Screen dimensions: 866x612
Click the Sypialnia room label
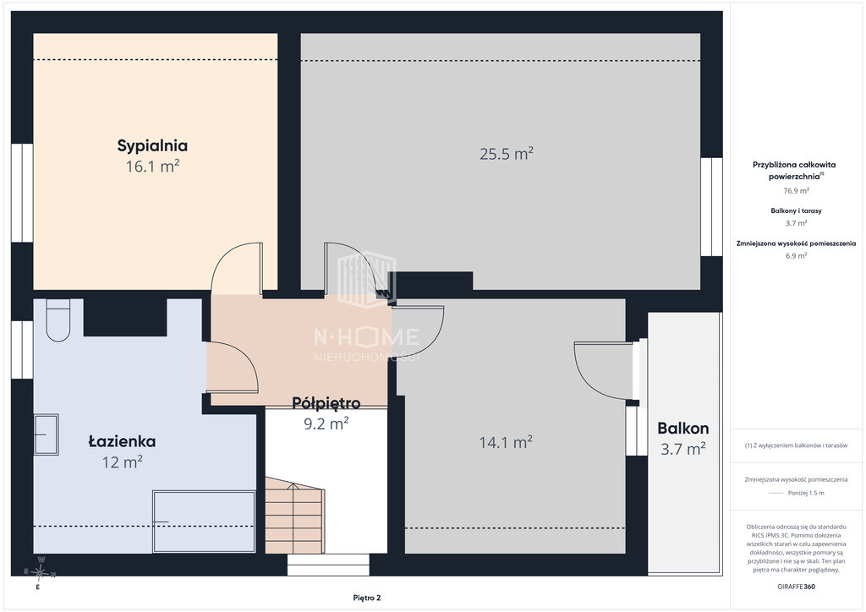(152, 145)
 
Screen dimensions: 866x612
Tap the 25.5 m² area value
(507, 153)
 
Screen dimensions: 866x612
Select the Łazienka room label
(122, 441)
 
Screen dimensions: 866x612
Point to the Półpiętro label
(326, 403)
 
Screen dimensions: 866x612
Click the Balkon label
(683, 429)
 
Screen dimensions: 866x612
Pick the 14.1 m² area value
(506, 442)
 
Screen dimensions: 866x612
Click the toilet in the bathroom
(58, 320)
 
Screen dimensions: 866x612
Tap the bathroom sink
(47, 434)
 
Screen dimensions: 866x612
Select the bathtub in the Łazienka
(204, 522)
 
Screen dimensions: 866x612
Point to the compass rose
(39, 573)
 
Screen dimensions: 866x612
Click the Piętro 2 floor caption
(367, 598)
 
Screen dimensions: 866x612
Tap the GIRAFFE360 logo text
(796, 587)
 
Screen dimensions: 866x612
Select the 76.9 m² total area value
(796, 191)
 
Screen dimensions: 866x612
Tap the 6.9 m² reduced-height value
(796, 256)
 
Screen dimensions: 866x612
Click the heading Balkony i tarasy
(796, 210)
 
